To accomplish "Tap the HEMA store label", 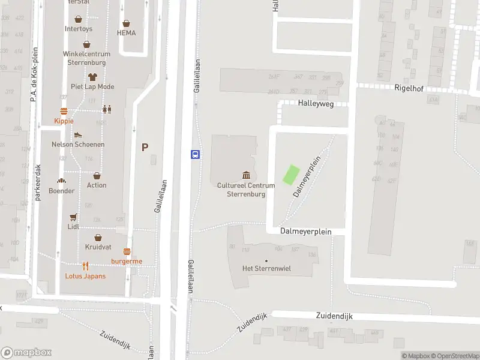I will click(x=126, y=33).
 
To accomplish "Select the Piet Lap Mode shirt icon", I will click(x=92, y=77).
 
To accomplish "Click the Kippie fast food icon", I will click(x=64, y=111).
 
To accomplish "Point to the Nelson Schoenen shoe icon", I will click(x=78, y=135).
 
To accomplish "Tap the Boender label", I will click(x=61, y=191).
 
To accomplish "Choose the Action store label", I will click(x=97, y=185).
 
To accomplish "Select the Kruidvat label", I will click(x=97, y=247).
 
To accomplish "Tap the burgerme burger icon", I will click(x=127, y=251).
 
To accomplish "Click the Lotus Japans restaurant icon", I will click(x=86, y=266).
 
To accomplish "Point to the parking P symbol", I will click(x=145, y=147).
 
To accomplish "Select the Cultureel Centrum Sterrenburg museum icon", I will click(x=246, y=175).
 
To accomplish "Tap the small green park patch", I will click(x=290, y=175).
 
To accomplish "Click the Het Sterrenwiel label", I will click(x=266, y=268).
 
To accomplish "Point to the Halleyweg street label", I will click(x=316, y=103).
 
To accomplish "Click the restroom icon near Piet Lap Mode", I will click(x=107, y=109).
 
